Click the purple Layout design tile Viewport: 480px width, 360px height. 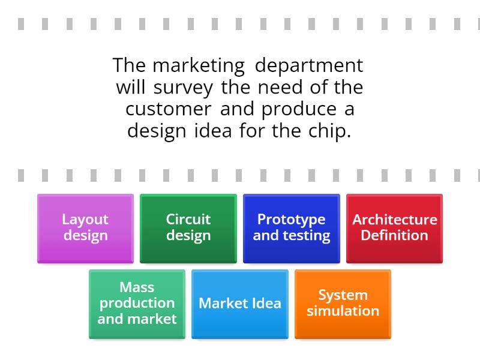pos(85,229)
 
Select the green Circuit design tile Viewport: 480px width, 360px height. pos(188,229)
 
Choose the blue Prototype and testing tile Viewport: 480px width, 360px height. pos(292,229)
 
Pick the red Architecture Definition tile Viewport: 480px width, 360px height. pos(394,229)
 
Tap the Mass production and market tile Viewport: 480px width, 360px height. pos(137,304)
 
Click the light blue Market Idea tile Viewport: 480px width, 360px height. pos(240,304)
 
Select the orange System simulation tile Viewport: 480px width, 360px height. pos(343,304)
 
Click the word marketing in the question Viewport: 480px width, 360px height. pos(199,66)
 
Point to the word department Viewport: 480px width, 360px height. pos(309,65)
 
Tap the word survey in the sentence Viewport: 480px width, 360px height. pos(183,88)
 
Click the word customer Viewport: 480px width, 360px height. pos(169,109)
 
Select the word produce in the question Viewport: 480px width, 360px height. pos(299,110)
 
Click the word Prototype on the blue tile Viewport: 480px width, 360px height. pos(292,220)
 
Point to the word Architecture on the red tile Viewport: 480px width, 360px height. pos(395,220)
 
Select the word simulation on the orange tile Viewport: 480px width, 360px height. pos(343,311)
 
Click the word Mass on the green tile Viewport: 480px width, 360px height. pos(137,287)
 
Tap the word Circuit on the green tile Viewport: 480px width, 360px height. pos(188,219)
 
